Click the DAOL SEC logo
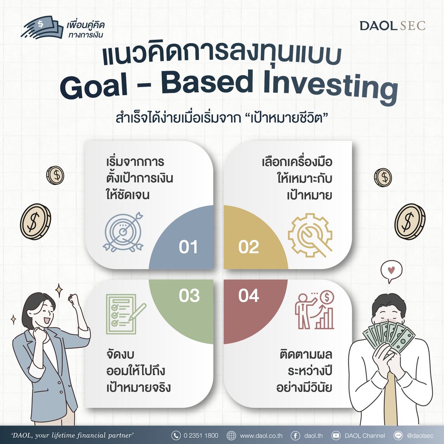(x=392, y=26)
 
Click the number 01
(x=188, y=247)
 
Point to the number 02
(x=248, y=247)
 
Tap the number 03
(x=189, y=295)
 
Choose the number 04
(x=248, y=295)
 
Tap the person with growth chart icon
(x=315, y=310)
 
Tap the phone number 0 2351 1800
(x=201, y=436)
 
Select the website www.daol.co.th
(x=261, y=436)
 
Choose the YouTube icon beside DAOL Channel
(x=336, y=436)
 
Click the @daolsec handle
(x=420, y=436)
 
